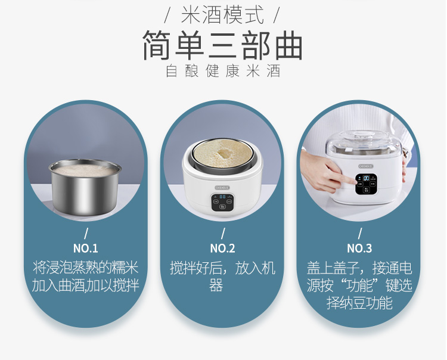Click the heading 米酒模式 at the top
[x=222, y=15]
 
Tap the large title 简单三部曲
[x=222, y=45]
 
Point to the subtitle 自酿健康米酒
[x=223, y=71]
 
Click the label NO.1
[x=85, y=249]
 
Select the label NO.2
[x=223, y=249]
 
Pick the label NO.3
[x=359, y=249]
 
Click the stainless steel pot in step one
[x=85, y=187]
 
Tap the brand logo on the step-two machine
[x=222, y=188]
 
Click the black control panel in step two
[x=223, y=202]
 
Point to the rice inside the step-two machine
[x=222, y=154]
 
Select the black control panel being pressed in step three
[x=367, y=184]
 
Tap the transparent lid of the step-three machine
[x=364, y=142]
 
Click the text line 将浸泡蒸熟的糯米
[x=85, y=268]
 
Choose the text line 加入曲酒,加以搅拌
[x=85, y=285]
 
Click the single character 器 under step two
[x=216, y=285]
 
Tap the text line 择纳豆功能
[x=359, y=303]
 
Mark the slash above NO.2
[x=223, y=233]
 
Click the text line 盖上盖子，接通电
[x=359, y=268]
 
